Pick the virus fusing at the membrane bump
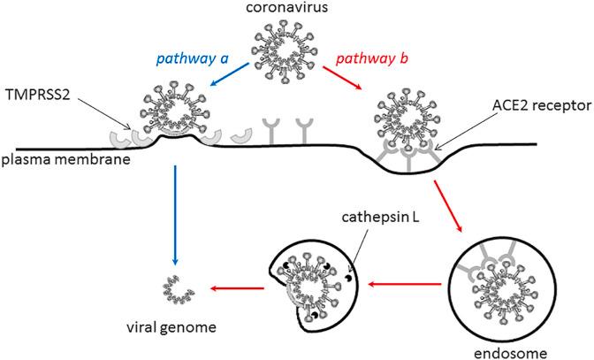point(178,114)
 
